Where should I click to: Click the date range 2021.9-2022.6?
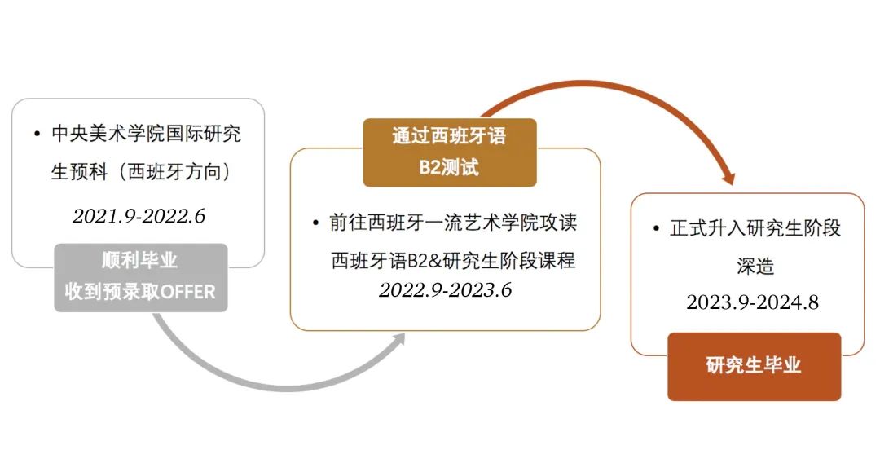[x=139, y=216]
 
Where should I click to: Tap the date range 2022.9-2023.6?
[x=445, y=289]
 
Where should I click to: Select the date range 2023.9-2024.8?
[x=752, y=302]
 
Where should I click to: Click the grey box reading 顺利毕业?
[x=141, y=277]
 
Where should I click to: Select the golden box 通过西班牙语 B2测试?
[x=450, y=152]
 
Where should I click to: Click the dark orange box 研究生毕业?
[x=755, y=367]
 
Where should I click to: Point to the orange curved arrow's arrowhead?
[x=728, y=177]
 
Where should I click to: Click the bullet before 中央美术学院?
[x=37, y=134]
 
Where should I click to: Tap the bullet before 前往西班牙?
[x=315, y=223]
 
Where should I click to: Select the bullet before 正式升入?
[x=656, y=228]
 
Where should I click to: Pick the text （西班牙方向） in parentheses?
[x=174, y=171]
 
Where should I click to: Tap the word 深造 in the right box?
[x=755, y=266]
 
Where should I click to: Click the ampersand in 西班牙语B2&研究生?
[x=435, y=261]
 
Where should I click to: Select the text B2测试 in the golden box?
[x=449, y=167]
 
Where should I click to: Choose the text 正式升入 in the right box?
[x=708, y=228]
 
